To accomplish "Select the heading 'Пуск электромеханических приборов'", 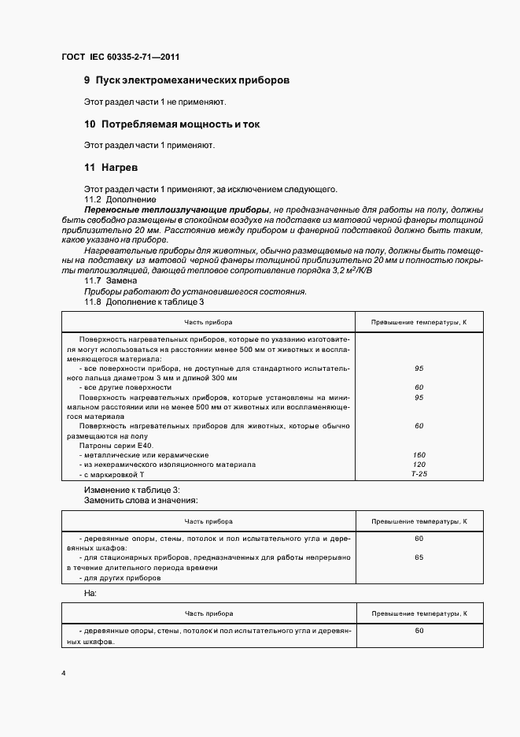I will (193, 80).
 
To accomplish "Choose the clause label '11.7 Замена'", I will (110, 281).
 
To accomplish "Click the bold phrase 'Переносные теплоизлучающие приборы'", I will (175, 211).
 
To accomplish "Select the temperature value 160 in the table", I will (419, 455).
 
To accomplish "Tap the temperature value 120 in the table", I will (419, 465).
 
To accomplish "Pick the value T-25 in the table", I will (419, 475).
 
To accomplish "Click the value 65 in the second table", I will (419, 557).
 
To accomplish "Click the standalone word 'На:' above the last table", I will (90, 592).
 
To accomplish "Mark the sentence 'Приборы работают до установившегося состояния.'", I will (195, 291).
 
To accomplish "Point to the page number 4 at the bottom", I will (63, 674).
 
